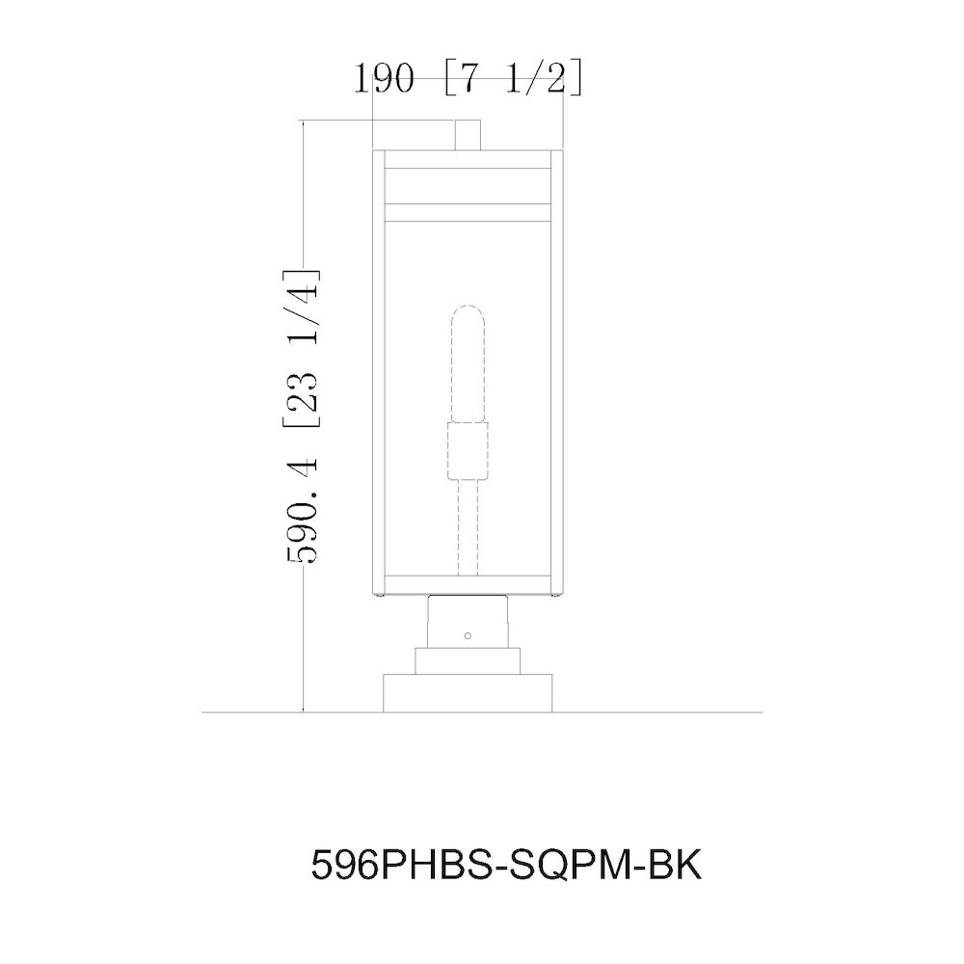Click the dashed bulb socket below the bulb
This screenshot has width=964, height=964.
[468, 453]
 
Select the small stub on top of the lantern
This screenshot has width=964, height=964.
[468, 134]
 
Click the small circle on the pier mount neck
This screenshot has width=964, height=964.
[468, 635]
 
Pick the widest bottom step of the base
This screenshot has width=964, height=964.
[468, 693]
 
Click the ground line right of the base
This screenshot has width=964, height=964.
[656, 712]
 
